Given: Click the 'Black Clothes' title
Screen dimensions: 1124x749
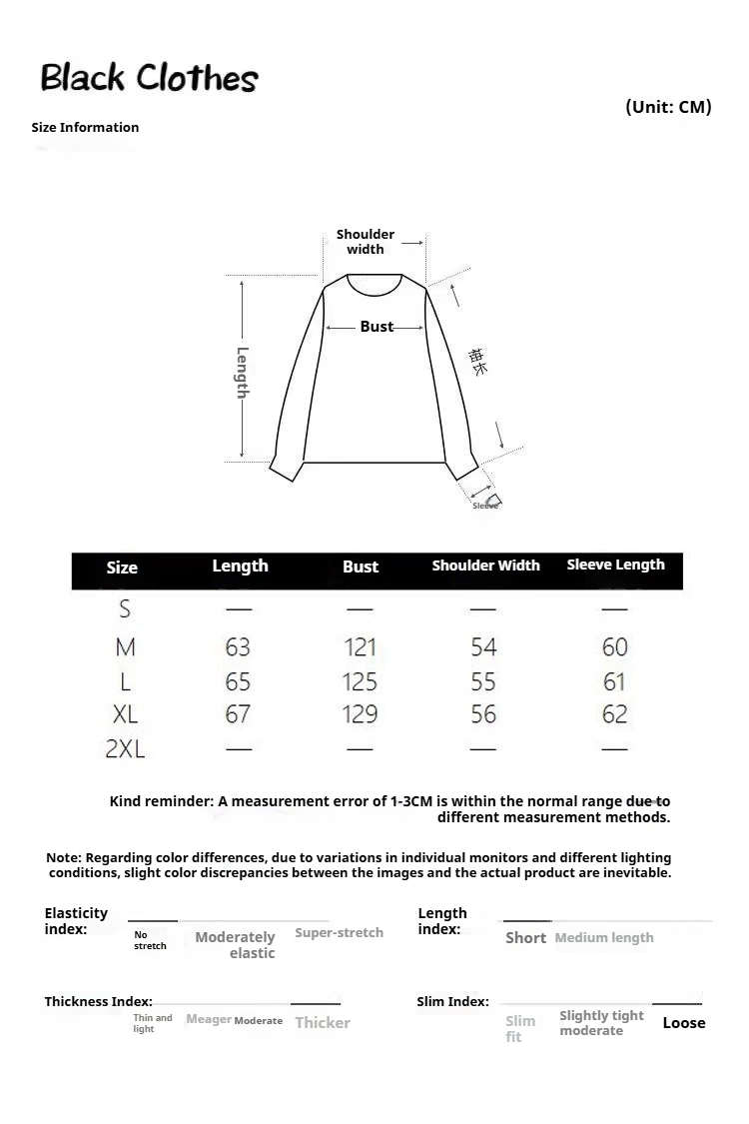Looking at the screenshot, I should coord(149,78).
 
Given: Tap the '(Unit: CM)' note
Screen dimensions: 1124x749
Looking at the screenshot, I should coord(668,107).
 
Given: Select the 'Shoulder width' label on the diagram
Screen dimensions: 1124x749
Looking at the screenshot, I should coord(366,242).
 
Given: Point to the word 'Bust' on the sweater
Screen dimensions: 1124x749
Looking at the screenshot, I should coord(376,327).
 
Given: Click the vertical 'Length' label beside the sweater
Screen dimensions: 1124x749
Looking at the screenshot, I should coord(243,372).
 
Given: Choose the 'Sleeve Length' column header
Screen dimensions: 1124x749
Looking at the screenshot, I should coord(615,564).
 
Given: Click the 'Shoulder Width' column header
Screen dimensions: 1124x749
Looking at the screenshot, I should coord(485,565).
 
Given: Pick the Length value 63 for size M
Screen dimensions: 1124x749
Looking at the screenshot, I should coord(238,647).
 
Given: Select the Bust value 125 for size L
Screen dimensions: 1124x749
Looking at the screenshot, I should coord(360,682).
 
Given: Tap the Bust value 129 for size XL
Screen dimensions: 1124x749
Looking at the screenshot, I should coord(360,714).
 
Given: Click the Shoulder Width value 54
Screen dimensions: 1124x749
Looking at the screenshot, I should coord(483,647).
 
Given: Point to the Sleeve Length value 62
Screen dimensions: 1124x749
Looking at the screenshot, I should coord(615,714).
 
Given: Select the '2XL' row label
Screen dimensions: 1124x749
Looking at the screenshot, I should coord(125,748).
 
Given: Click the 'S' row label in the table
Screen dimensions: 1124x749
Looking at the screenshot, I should coord(125,608).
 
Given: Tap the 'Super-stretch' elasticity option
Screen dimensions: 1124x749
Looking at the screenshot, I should coord(339,932).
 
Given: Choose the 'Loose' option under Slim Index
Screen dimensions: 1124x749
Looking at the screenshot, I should coord(684,1023).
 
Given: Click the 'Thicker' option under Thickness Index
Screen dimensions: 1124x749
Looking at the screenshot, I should coord(323,1023).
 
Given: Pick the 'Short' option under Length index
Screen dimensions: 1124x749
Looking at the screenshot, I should coord(525,938).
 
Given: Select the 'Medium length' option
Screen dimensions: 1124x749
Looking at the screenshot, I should coord(604,938).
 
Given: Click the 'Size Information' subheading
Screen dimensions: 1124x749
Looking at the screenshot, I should coord(85,127).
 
